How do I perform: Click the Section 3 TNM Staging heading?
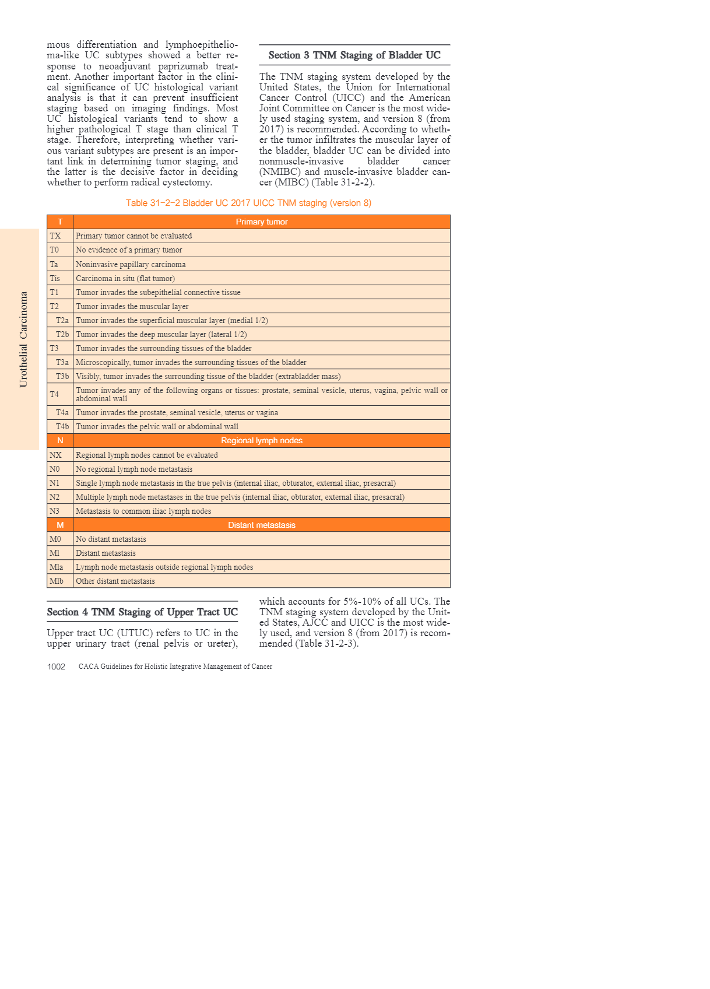354,55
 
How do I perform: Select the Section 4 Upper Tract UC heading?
142,612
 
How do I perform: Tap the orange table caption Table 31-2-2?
248,203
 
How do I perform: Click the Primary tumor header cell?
261,222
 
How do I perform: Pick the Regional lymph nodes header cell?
261,441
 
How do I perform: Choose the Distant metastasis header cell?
261,525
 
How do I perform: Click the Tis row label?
55,278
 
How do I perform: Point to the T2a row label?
62,320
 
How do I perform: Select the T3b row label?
62,376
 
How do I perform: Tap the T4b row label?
62,426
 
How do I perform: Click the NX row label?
55,455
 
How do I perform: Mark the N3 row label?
55,511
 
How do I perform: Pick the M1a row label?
56,567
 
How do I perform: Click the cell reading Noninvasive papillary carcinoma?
131,264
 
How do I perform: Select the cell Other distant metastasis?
115,581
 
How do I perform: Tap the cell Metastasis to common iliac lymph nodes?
143,511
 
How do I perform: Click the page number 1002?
56,667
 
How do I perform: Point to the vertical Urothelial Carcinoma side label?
23,339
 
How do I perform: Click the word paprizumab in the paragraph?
183,66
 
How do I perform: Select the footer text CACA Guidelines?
175,667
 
